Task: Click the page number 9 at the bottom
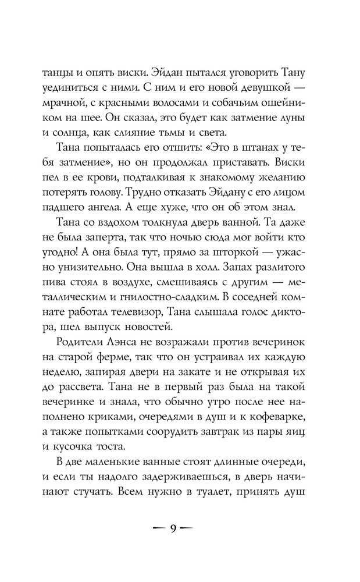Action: point(173,528)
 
